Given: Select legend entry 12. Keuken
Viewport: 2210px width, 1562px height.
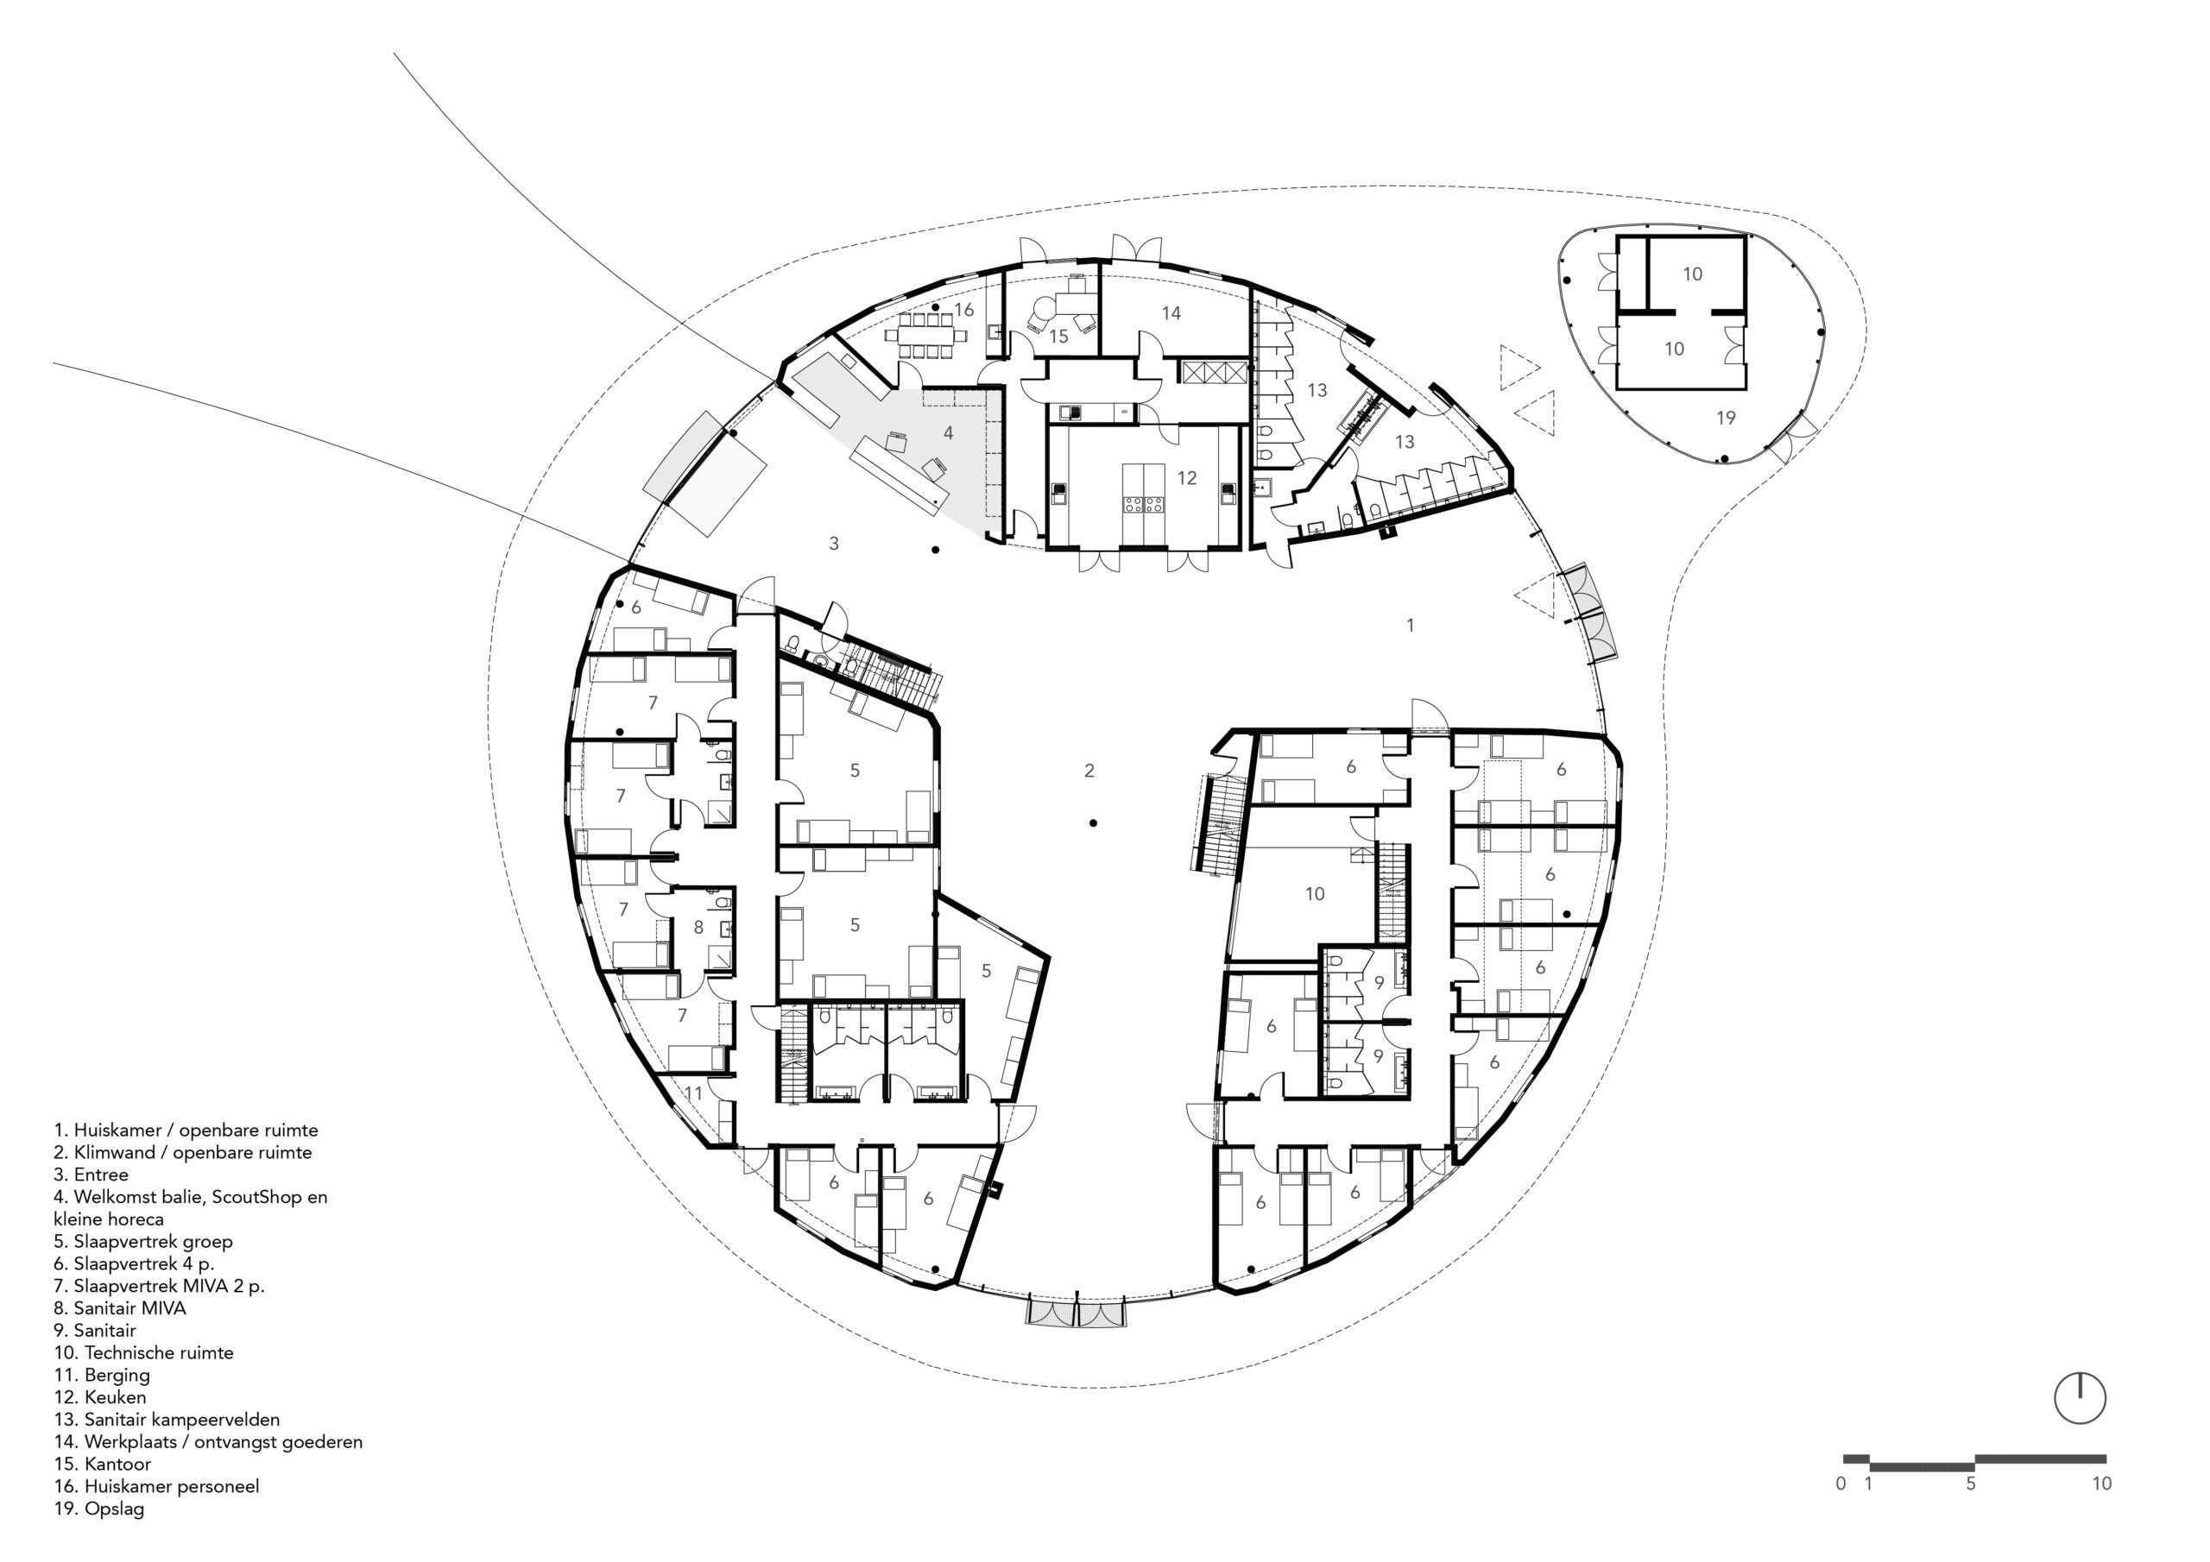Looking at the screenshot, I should pos(100,1396).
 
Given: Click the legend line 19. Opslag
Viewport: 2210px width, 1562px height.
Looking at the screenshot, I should pos(99,1508).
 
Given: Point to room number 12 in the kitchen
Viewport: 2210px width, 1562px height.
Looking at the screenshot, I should pos(1186,478).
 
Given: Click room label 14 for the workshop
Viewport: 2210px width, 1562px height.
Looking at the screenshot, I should pos(1171,312).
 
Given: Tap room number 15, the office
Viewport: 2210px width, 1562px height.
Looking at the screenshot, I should pos(1058,337).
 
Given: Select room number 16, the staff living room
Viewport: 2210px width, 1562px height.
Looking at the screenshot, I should pos(964,310).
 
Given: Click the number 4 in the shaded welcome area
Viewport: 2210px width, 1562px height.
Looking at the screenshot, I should pos(948,433).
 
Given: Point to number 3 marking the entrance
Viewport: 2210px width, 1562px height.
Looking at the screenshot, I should pos(834,544).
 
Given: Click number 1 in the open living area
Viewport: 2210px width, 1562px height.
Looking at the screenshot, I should pos(1410,626).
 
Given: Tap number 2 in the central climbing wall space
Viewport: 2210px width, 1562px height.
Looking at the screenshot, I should pos(1089,770).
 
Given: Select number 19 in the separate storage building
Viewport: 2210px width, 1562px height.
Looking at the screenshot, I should pos(1726,418).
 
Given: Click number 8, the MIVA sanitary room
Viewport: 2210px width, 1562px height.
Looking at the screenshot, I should pos(698,928).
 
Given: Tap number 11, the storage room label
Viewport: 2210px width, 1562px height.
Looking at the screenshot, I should pos(693,1093).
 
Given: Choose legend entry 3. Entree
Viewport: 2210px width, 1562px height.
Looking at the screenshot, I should pos(91,1175).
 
